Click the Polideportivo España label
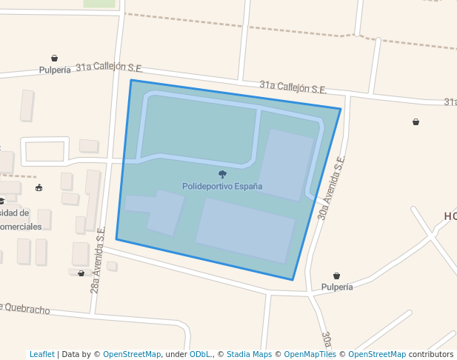222,187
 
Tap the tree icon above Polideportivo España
222,174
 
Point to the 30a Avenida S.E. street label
332,188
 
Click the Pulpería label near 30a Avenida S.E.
337,287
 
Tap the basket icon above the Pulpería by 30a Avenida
337,276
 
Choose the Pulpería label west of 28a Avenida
55,70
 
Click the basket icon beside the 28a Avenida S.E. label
81,273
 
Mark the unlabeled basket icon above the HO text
416,121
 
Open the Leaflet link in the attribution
41,354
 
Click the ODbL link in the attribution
199,354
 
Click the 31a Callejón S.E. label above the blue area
293,87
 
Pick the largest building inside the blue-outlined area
245,230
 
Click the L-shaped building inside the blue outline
159,210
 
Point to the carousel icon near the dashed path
39,188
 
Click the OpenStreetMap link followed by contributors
377,354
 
